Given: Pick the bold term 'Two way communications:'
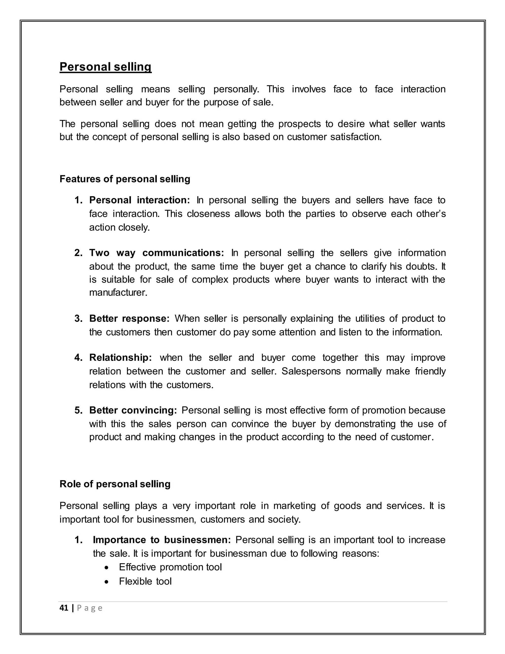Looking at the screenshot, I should pyautogui.click(x=157, y=253).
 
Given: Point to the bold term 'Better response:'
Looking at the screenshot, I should pyautogui.click(x=129, y=318).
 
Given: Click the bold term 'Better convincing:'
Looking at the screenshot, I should pyautogui.click(x=133, y=410).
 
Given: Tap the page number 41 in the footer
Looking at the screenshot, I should pyautogui.click(x=64, y=608).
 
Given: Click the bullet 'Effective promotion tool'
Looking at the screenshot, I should pyautogui.click(x=170, y=567).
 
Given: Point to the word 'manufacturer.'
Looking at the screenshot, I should pyautogui.click(x=118, y=292).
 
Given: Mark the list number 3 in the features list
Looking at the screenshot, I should pyautogui.click(x=78, y=318).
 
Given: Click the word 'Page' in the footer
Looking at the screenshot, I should pyautogui.click(x=90, y=608).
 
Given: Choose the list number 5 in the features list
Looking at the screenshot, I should pyautogui.click(x=78, y=410).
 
